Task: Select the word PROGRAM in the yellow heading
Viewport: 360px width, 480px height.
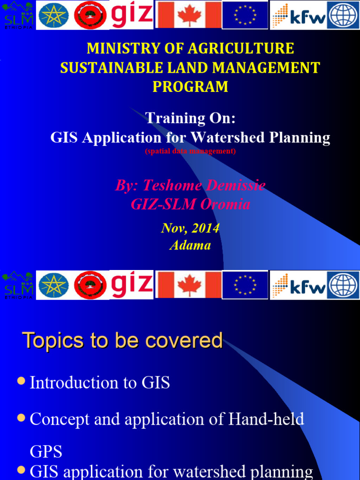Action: pyautogui.click(x=190, y=87)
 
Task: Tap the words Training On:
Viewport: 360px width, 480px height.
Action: pyautogui.click(x=190, y=118)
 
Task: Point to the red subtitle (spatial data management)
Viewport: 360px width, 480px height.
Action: pyautogui.click(x=190, y=151)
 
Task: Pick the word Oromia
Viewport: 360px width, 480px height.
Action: pyautogui.click(x=227, y=204)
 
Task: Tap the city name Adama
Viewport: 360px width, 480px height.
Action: pyautogui.click(x=190, y=245)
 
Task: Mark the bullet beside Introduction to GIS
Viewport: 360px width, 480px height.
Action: pyautogui.click(x=21, y=382)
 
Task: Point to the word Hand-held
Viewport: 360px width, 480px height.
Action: pyautogui.click(x=266, y=419)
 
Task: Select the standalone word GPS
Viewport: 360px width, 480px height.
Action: pyautogui.click(x=46, y=451)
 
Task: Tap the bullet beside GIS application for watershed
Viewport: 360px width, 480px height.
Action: pyautogui.click(x=21, y=469)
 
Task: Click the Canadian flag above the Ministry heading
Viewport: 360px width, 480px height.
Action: pyautogui.click(x=188, y=15)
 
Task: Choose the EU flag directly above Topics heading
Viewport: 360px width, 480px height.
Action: pyautogui.click(x=245, y=285)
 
